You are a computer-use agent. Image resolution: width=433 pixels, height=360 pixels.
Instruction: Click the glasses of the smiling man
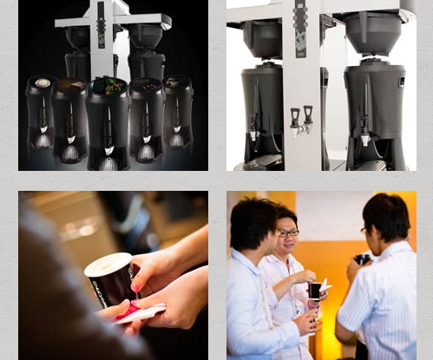click(x=288, y=232)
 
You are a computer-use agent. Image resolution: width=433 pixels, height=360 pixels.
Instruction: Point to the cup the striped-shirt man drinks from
click(x=362, y=259)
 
